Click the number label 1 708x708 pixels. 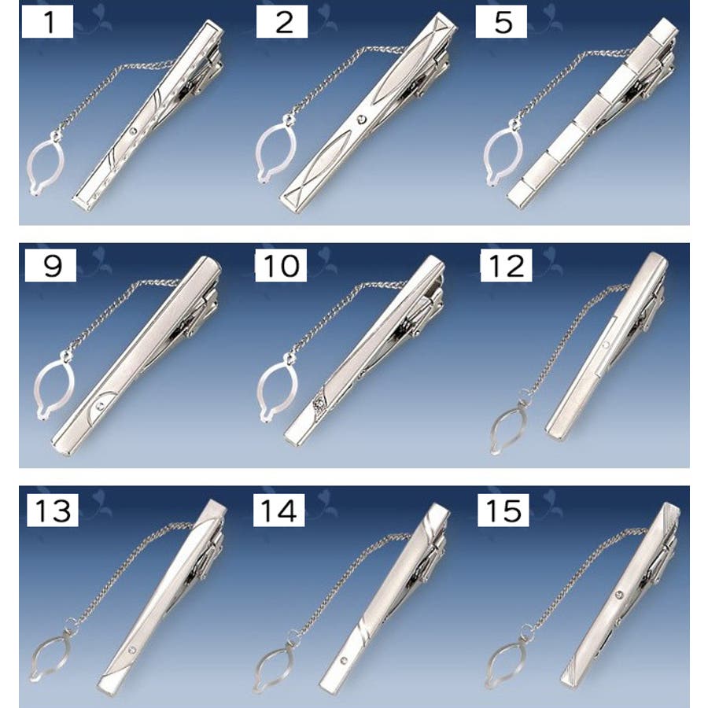pyautogui.click(x=47, y=21)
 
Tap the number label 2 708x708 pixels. pyautogui.click(x=282, y=21)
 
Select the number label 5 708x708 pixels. pyautogui.click(x=502, y=21)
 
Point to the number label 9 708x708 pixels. pyautogui.click(x=50, y=265)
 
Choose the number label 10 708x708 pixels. pyautogui.click(x=281, y=265)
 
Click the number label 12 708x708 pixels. pyautogui.click(x=506, y=265)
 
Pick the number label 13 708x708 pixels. pyautogui.click(x=53, y=511)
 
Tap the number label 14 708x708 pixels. pyautogui.click(x=278, y=511)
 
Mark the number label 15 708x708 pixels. pyautogui.click(x=503, y=511)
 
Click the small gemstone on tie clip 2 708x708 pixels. pyautogui.click(x=361, y=120)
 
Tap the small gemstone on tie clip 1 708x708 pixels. pyautogui.click(x=133, y=131)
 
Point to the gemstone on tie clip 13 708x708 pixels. pyautogui.click(x=131, y=651)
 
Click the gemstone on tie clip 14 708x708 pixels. pyautogui.click(x=344, y=661)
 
